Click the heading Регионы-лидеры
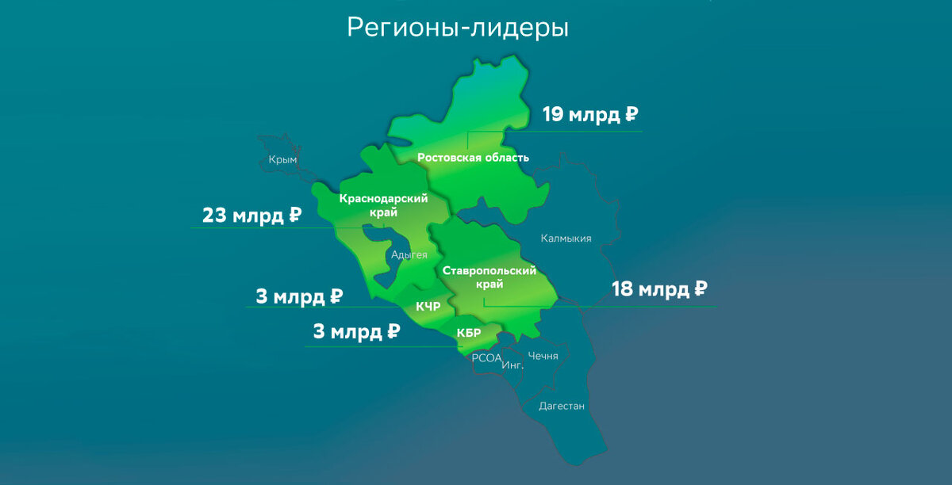458,29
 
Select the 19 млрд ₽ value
590,115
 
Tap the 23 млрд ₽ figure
252,216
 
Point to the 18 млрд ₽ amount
659,290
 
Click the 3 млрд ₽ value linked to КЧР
299,298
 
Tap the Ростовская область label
473,158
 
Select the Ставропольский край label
489,277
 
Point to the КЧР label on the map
428,306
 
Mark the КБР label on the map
469,333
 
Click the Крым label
282,160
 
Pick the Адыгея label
409,255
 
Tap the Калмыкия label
566,239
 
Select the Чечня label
543,356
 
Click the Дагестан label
561,407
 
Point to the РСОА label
486,358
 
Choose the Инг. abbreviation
512,365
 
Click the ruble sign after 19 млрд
631,115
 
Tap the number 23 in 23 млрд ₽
215,216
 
